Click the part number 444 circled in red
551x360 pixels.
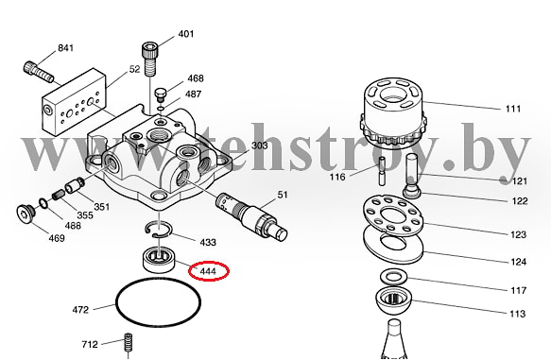(208, 271)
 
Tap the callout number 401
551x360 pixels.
(186, 34)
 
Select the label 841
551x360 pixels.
(66, 48)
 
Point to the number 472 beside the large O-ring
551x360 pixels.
(80, 310)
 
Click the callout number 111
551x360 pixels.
(513, 109)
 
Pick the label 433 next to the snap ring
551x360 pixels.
(208, 242)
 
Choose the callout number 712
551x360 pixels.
(90, 344)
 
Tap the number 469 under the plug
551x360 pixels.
(57, 238)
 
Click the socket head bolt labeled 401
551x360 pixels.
(149, 59)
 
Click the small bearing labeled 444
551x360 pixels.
(159, 260)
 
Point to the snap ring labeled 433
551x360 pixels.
(159, 229)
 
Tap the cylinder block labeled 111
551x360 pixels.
(393, 112)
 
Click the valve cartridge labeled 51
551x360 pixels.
(252, 216)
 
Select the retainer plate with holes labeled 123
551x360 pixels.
(393, 214)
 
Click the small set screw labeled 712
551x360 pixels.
(128, 343)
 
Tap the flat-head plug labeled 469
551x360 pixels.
(26, 214)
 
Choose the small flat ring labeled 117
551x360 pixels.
(393, 277)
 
